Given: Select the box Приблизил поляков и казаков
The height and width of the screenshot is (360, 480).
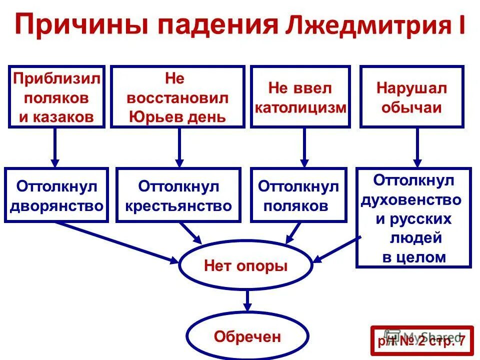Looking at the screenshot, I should coord(56,97).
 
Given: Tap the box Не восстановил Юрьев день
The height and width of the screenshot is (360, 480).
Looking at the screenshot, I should coord(178,97).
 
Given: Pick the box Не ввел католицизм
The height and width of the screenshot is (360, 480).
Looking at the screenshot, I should coord(300,97).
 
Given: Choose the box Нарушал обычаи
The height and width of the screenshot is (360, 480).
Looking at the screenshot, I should coord(412,97).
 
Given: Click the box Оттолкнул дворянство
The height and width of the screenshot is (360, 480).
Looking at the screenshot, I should coord(56,195).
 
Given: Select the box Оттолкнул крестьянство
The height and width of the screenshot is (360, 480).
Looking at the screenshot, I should coord(178,195).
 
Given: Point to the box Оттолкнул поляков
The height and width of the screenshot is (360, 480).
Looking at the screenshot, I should coord(298,195).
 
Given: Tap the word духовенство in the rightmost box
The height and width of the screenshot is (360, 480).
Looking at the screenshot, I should coord(411,199).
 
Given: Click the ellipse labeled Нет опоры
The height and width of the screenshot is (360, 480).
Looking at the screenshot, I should coord(245,265).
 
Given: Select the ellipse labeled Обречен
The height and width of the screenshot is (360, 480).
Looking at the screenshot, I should coord(247,336).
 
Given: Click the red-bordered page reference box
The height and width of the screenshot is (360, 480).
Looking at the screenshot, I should coord(421,341).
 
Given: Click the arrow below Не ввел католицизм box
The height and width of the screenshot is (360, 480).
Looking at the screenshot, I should coord(303,147).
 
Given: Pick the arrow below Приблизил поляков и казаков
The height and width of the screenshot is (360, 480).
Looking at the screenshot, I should coord(55,147).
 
